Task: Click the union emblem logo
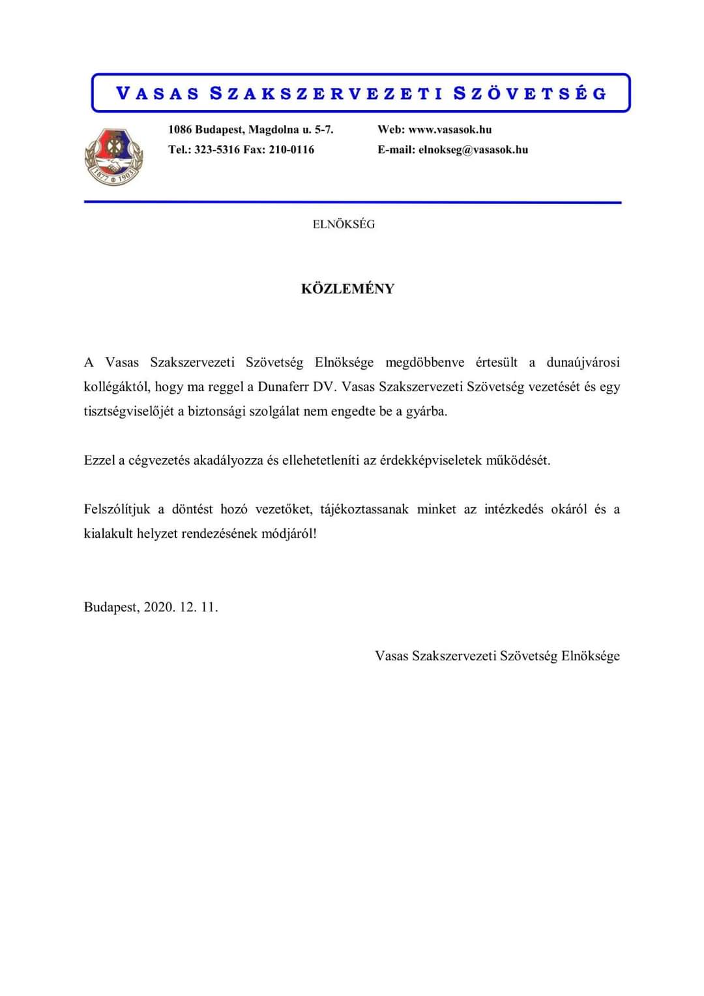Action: coord(113,156)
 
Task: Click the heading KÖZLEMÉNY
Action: coord(347,289)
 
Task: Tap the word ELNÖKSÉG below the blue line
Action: coord(344,224)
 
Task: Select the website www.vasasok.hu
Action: coord(450,130)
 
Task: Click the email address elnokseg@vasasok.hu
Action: coord(473,150)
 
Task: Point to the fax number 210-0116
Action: coord(291,150)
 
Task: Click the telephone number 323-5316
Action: coord(217,150)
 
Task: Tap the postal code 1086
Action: coord(180,130)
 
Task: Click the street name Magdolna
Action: coord(274,130)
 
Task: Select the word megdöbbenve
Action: coord(425,362)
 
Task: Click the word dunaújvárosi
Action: coord(583,362)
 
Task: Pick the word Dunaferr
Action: coord(284,387)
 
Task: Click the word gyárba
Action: coord(426,412)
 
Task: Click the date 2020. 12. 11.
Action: coord(181,608)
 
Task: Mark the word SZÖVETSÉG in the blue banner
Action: coord(530,93)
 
